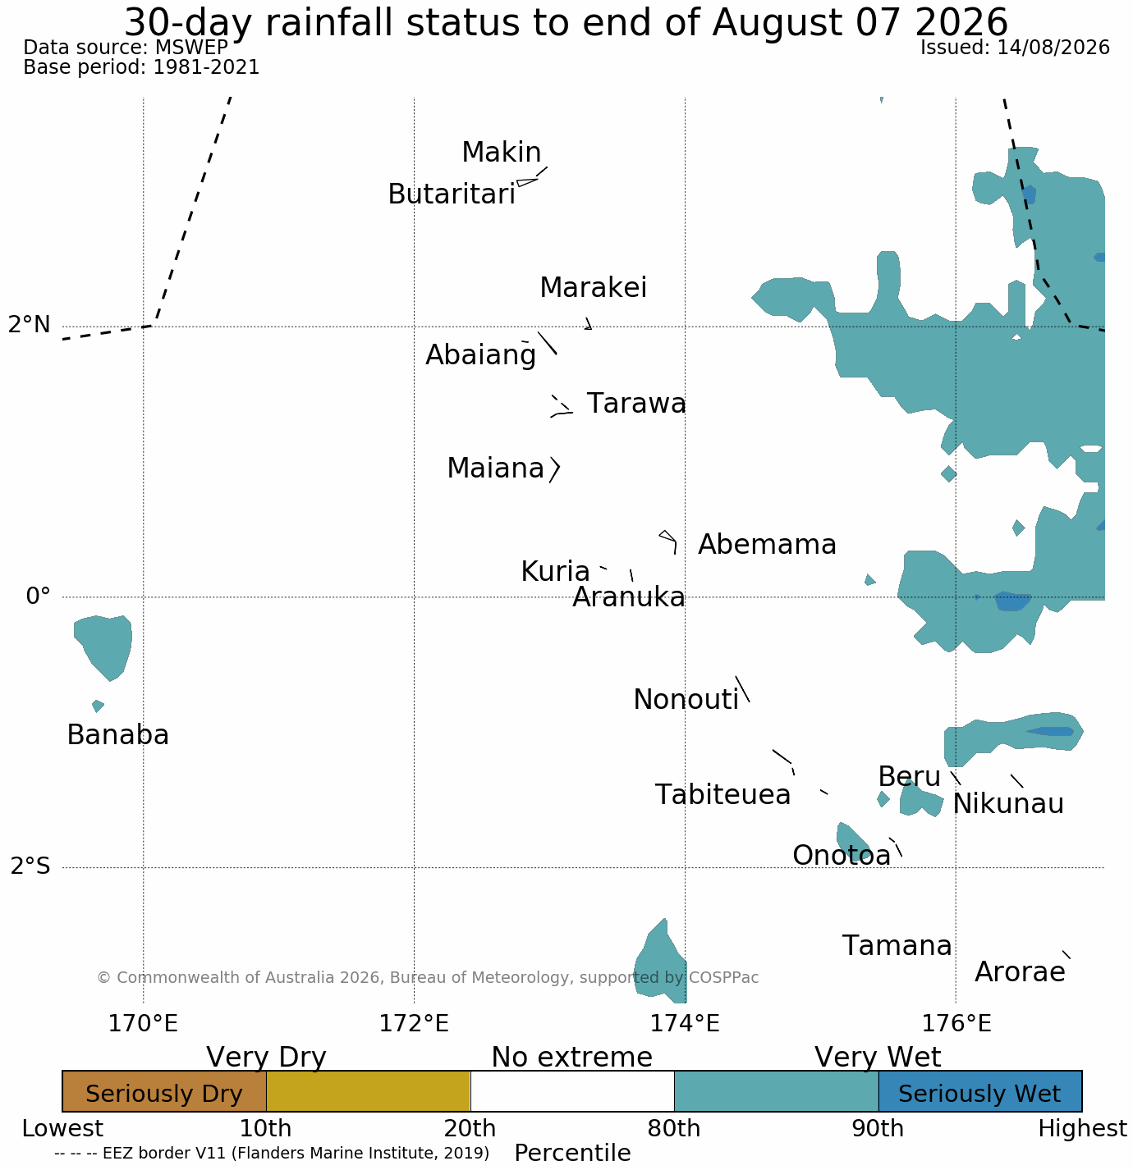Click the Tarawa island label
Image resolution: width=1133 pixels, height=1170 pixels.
636,404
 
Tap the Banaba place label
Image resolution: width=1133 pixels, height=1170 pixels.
118,734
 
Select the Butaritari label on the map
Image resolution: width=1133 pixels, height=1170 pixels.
452,194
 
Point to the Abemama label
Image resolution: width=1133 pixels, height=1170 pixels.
767,545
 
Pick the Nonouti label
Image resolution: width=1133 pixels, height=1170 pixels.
686,700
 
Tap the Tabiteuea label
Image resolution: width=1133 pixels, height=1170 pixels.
722,795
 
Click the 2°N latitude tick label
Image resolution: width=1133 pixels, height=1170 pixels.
29,325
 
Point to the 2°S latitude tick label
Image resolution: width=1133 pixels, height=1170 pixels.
30,866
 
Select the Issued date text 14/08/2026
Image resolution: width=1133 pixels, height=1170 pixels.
1053,48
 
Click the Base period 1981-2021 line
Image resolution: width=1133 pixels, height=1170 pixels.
141,66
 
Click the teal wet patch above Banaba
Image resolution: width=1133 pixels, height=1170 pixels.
103,647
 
